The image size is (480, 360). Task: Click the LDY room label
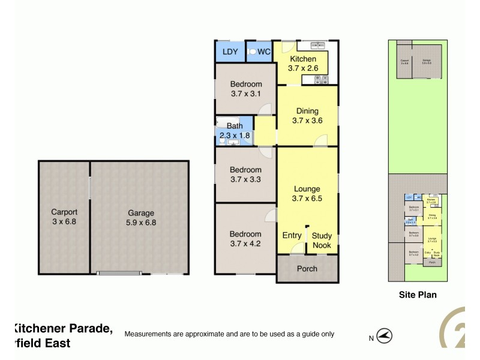point(230,52)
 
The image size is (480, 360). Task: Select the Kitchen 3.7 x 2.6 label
point(303,64)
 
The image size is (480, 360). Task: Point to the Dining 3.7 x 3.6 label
point(307,116)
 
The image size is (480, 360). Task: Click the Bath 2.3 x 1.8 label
point(234,131)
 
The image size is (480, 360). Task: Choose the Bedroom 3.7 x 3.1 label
point(246,89)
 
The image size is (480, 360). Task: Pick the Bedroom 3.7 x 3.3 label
point(246,175)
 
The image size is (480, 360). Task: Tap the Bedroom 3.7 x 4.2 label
point(246,239)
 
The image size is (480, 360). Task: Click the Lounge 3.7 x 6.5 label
point(307,194)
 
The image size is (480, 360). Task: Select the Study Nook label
point(322,241)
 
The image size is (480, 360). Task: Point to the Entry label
point(292,236)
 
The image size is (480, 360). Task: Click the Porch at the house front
point(307,269)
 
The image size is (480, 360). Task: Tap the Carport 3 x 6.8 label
point(64,217)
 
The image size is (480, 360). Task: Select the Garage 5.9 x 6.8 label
point(141,217)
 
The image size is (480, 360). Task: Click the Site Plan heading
point(418,295)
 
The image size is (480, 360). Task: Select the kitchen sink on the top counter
point(312,45)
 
